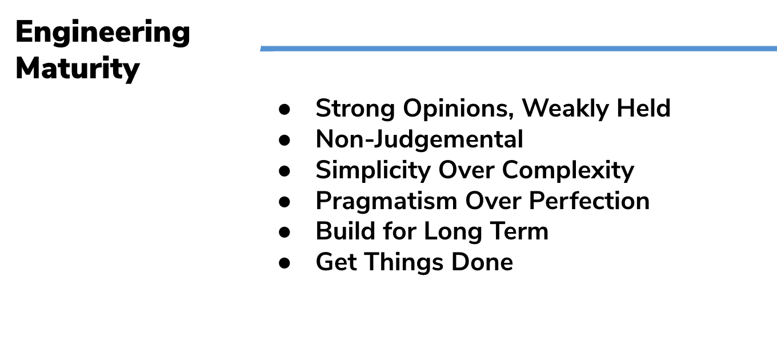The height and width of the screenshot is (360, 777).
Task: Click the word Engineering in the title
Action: pos(103,33)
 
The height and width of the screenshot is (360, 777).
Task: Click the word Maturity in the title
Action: pos(78,69)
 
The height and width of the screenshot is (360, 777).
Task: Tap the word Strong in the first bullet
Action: pos(355,109)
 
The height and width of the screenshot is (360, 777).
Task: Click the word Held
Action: pos(643,108)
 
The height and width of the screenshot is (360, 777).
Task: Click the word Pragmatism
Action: pos(386,201)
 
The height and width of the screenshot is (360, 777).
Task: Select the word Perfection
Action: pos(589,201)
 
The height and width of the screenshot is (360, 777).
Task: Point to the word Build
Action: pos(346,231)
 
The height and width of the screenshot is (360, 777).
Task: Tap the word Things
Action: pos(404,262)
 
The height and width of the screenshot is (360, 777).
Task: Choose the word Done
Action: pos(482,262)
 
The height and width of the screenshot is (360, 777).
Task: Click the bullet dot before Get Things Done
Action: pos(285,263)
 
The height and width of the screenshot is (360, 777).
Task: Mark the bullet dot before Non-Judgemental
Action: pos(285,140)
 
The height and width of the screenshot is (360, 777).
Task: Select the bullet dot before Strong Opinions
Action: pos(285,109)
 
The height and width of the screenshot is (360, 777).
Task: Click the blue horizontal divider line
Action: pos(519,49)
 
